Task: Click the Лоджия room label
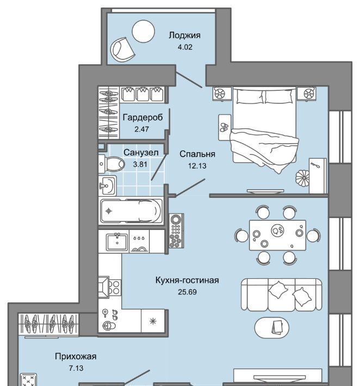(x=184, y=36)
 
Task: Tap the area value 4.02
(x=185, y=47)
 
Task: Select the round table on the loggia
(x=144, y=32)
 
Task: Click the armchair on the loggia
(x=122, y=50)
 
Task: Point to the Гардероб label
(x=142, y=117)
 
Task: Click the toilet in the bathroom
(x=111, y=164)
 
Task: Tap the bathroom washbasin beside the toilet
(x=107, y=185)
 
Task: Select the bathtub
(x=131, y=211)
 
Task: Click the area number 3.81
(x=140, y=164)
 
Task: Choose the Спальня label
(x=197, y=154)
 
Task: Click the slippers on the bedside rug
(x=224, y=128)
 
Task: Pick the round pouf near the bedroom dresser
(x=302, y=177)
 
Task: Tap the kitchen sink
(x=117, y=242)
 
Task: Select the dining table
(x=277, y=235)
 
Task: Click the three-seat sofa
(x=281, y=295)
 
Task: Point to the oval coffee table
(x=271, y=328)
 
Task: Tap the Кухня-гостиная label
(x=187, y=280)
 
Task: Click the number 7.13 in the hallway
(x=76, y=368)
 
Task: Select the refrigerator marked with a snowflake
(x=153, y=321)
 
